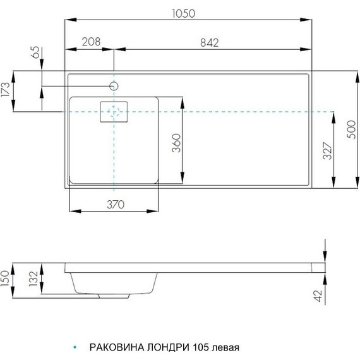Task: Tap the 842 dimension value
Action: coord(208,42)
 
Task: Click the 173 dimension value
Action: coord(7,92)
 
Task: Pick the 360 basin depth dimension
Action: coord(176,145)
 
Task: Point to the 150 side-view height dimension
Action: coord(6,278)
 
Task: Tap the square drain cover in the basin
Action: coord(114,112)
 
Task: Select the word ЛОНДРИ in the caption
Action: coord(167,348)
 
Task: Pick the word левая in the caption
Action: coord(227,348)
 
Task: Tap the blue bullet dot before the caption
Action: coord(75,348)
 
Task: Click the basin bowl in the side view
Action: coord(114,282)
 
